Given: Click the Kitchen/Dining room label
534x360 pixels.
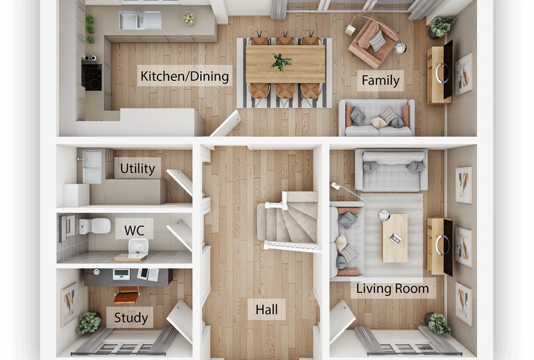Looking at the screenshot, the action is tap(185, 76).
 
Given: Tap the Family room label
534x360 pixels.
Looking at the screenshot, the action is tap(380, 80).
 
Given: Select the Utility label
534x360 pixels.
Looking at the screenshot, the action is tap(138, 169).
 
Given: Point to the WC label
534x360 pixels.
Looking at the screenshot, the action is tap(134, 231).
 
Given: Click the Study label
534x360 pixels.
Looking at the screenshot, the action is tap(131, 318).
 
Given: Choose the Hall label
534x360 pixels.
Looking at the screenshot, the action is tap(267, 309).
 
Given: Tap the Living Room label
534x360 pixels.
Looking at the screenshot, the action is tap(392, 289).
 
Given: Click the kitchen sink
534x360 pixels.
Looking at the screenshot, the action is tap(140, 20).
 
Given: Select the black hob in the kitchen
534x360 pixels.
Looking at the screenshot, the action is tap(91, 77).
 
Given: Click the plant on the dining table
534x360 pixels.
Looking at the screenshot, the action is tap(281, 62).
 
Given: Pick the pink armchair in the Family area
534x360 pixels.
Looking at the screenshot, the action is tap(372, 42).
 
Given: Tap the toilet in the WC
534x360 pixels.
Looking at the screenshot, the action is tap(95, 226).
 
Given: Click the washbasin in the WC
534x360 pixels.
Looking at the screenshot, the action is tap(138, 247).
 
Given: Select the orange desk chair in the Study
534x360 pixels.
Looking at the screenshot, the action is tap(126, 295).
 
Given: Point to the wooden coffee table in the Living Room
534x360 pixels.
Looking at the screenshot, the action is tap(395, 238).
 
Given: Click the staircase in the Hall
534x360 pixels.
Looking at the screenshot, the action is tap(289, 221).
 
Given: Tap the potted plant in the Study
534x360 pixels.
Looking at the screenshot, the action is tap(89, 323).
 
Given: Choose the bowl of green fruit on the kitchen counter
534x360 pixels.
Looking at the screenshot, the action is tap(188, 18).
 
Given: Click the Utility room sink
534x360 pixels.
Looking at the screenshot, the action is tap(92, 167).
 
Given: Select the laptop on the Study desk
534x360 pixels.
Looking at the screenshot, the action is tap(122, 274).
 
